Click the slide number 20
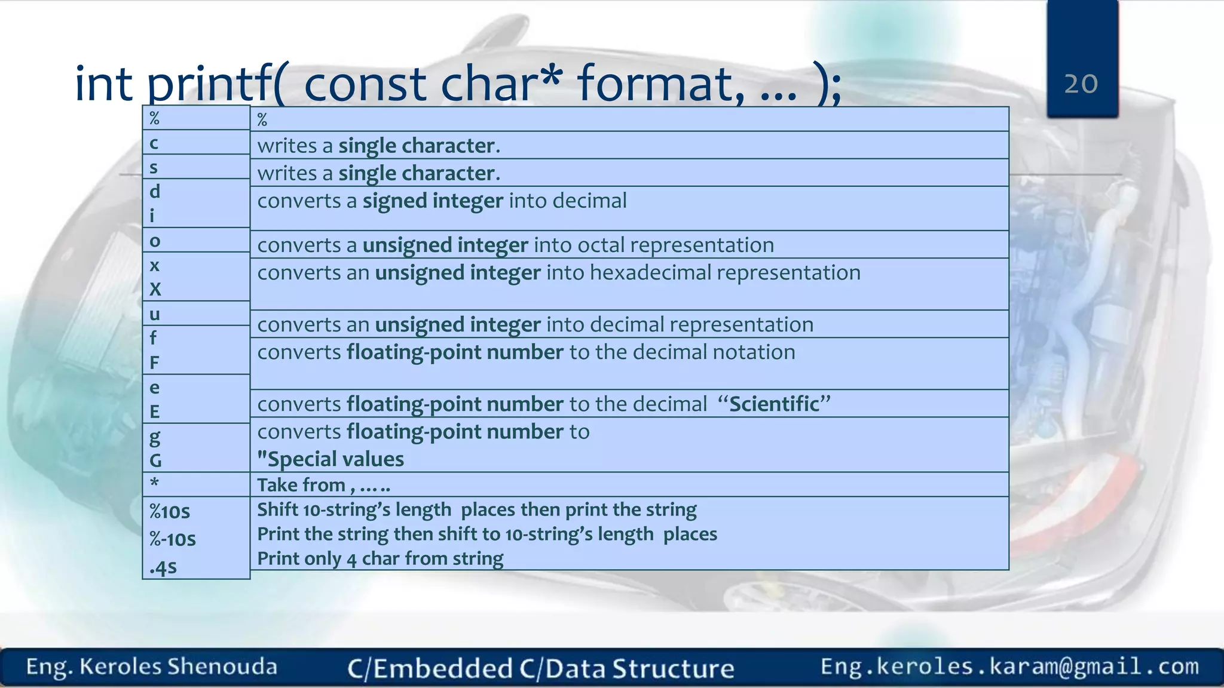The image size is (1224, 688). pyautogui.click(x=1081, y=84)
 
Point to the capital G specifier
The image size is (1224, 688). pyautogui.click(x=155, y=460)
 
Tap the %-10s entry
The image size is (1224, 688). pyautogui.click(x=173, y=539)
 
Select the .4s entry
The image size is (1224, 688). pyautogui.click(x=163, y=567)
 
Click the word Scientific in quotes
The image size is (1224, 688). pyautogui.click(x=774, y=404)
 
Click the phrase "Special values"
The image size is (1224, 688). pyautogui.click(x=331, y=459)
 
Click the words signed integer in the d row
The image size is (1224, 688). pyautogui.click(x=433, y=201)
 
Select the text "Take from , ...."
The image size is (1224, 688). pyautogui.click(x=323, y=485)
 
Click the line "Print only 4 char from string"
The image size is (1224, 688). pyautogui.click(x=380, y=558)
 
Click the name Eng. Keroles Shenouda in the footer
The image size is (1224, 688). pyautogui.click(x=152, y=667)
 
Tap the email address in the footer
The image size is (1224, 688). pyautogui.click(x=1009, y=666)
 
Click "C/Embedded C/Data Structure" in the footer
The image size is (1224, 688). pyautogui.click(x=540, y=668)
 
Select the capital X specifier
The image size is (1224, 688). pyautogui.click(x=155, y=289)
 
